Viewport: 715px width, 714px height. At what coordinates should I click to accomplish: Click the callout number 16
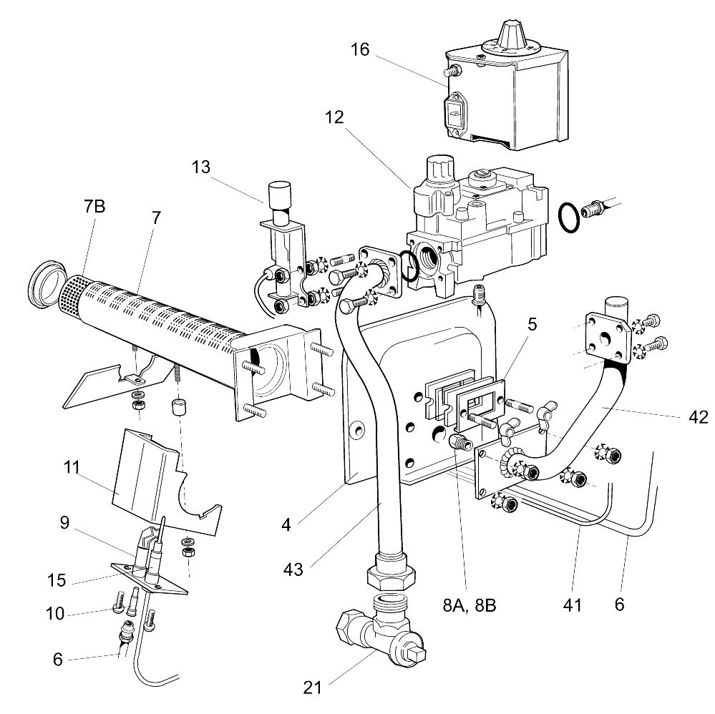[x=361, y=50]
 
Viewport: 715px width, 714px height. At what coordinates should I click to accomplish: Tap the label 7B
[x=94, y=206]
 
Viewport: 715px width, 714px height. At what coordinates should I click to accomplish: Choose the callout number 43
[x=293, y=569]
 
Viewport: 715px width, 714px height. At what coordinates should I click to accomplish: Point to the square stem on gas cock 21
[x=417, y=652]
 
